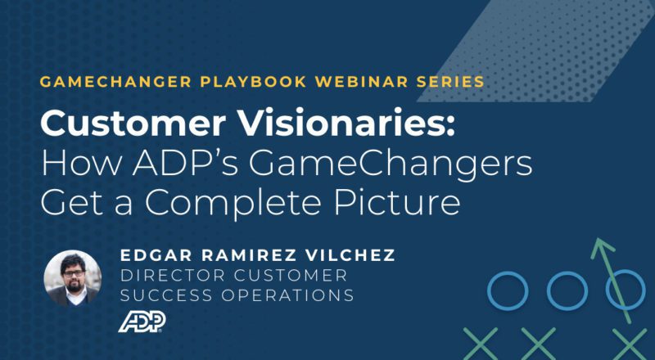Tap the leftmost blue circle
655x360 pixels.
tap(507, 289)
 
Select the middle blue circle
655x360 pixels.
tap(566, 289)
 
